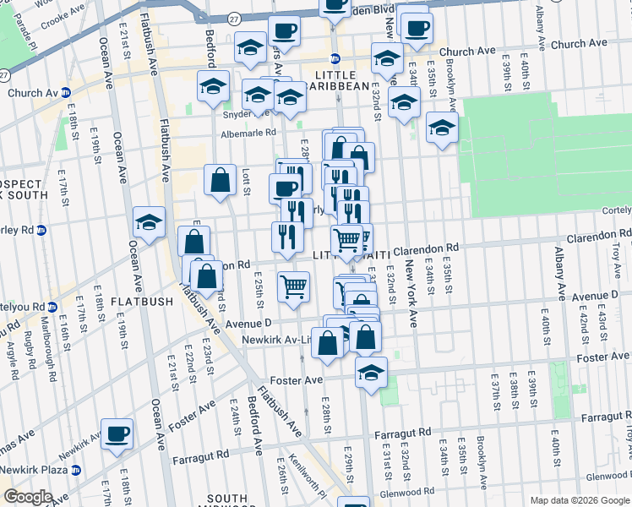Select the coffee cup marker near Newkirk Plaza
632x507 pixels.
coord(117,434)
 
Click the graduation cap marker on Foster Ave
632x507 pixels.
coord(370,372)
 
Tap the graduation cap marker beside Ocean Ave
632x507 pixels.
coord(149,222)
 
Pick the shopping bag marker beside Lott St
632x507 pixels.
coord(220,179)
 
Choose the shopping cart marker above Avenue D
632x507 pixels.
coord(293,286)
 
